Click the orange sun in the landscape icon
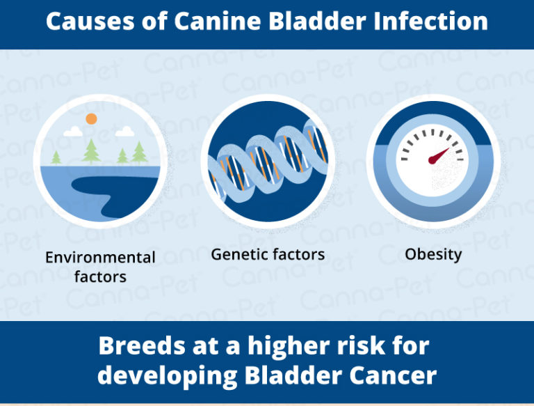(x=91, y=119)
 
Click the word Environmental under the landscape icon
(x=100, y=258)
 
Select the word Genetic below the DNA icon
(x=239, y=255)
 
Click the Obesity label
(x=433, y=255)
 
